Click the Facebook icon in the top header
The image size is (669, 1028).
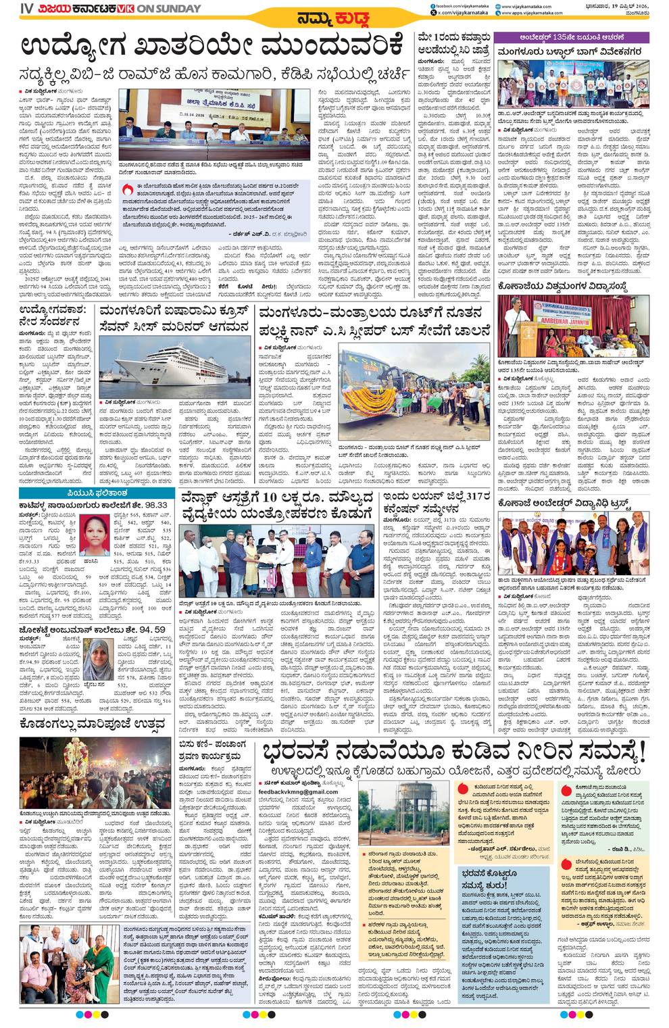click(432, 5)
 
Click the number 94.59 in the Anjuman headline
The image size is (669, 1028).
click(151, 630)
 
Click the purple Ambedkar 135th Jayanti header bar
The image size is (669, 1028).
click(572, 36)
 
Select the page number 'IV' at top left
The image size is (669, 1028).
click(26, 9)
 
